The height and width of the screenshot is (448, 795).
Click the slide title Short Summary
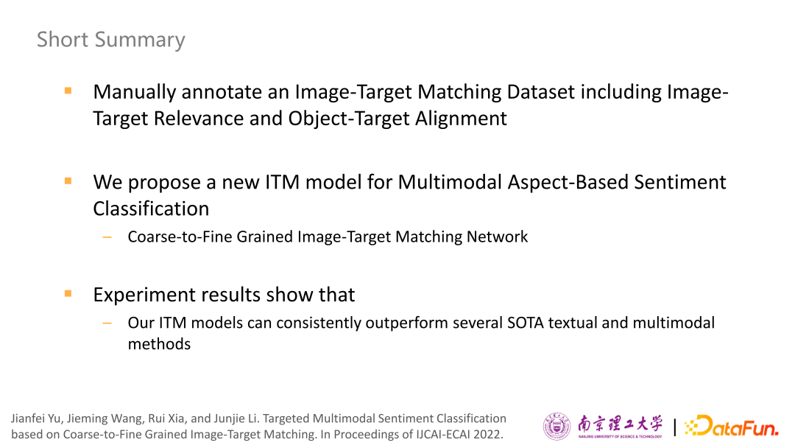(x=111, y=40)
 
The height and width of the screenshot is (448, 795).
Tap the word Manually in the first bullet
(x=135, y=92)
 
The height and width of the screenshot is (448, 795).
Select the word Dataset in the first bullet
(x=540, y=92)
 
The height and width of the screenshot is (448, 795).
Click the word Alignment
(x=461, y=119)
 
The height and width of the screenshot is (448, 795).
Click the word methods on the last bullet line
(x=159, y=344)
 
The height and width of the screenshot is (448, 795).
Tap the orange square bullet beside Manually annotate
(x=68, y=91)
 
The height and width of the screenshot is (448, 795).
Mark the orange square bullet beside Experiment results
(x=68, y=294)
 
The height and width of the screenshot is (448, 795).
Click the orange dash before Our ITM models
(x=107, y=323)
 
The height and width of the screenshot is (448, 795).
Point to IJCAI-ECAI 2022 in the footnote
(x=458, y=435)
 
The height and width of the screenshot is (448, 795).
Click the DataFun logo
(x=731, y=426)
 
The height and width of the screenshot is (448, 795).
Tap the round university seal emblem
(x=556, y=427)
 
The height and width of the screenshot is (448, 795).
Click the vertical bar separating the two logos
(x=675, y=427)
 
